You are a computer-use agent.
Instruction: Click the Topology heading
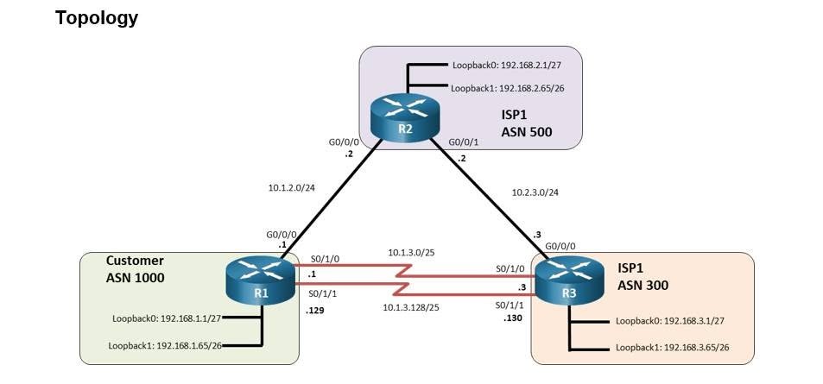(x=97, y=18)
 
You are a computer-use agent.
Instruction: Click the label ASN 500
(x=527, y=132)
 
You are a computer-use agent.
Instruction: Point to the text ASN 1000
(x=135, y=278)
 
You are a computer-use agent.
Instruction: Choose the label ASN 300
(x=643, y=286)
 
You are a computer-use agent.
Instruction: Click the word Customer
(x=135, y=261)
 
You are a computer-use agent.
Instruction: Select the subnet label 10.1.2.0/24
(x=291, y=186)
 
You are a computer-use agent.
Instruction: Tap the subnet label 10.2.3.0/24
(x=535, y=192)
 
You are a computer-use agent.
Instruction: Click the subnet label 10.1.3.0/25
(x=411, y=252)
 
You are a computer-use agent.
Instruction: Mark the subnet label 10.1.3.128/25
(x=411, y=307)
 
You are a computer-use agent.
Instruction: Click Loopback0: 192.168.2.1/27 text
(x=510, y=66)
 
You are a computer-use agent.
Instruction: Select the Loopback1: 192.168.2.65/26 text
(x=510, y=88)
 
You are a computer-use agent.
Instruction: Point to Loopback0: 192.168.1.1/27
(x=167, y=318)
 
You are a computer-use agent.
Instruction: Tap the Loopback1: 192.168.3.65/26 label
(x=673, y=347)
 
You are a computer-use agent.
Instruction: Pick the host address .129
(x=315, y=311)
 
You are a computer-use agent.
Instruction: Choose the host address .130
(x=513, y=318)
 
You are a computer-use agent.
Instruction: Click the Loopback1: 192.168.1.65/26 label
(x=165, y=346)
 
